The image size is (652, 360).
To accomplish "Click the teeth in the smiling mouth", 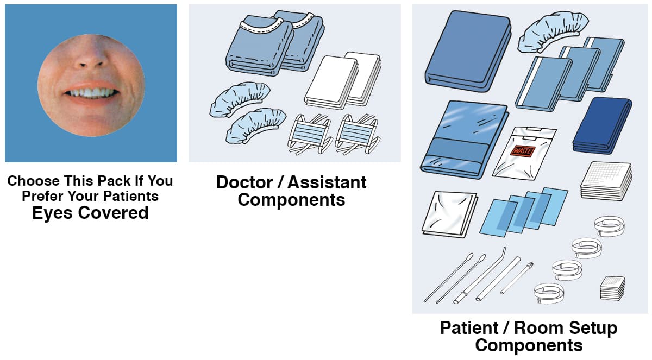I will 91,92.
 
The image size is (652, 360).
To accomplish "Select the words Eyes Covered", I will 90,213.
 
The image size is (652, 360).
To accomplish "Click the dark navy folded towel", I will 601,125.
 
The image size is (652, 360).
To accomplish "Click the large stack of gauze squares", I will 605,179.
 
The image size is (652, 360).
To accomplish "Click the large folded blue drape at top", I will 467,52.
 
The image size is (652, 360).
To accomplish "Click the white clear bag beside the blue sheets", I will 449,213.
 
